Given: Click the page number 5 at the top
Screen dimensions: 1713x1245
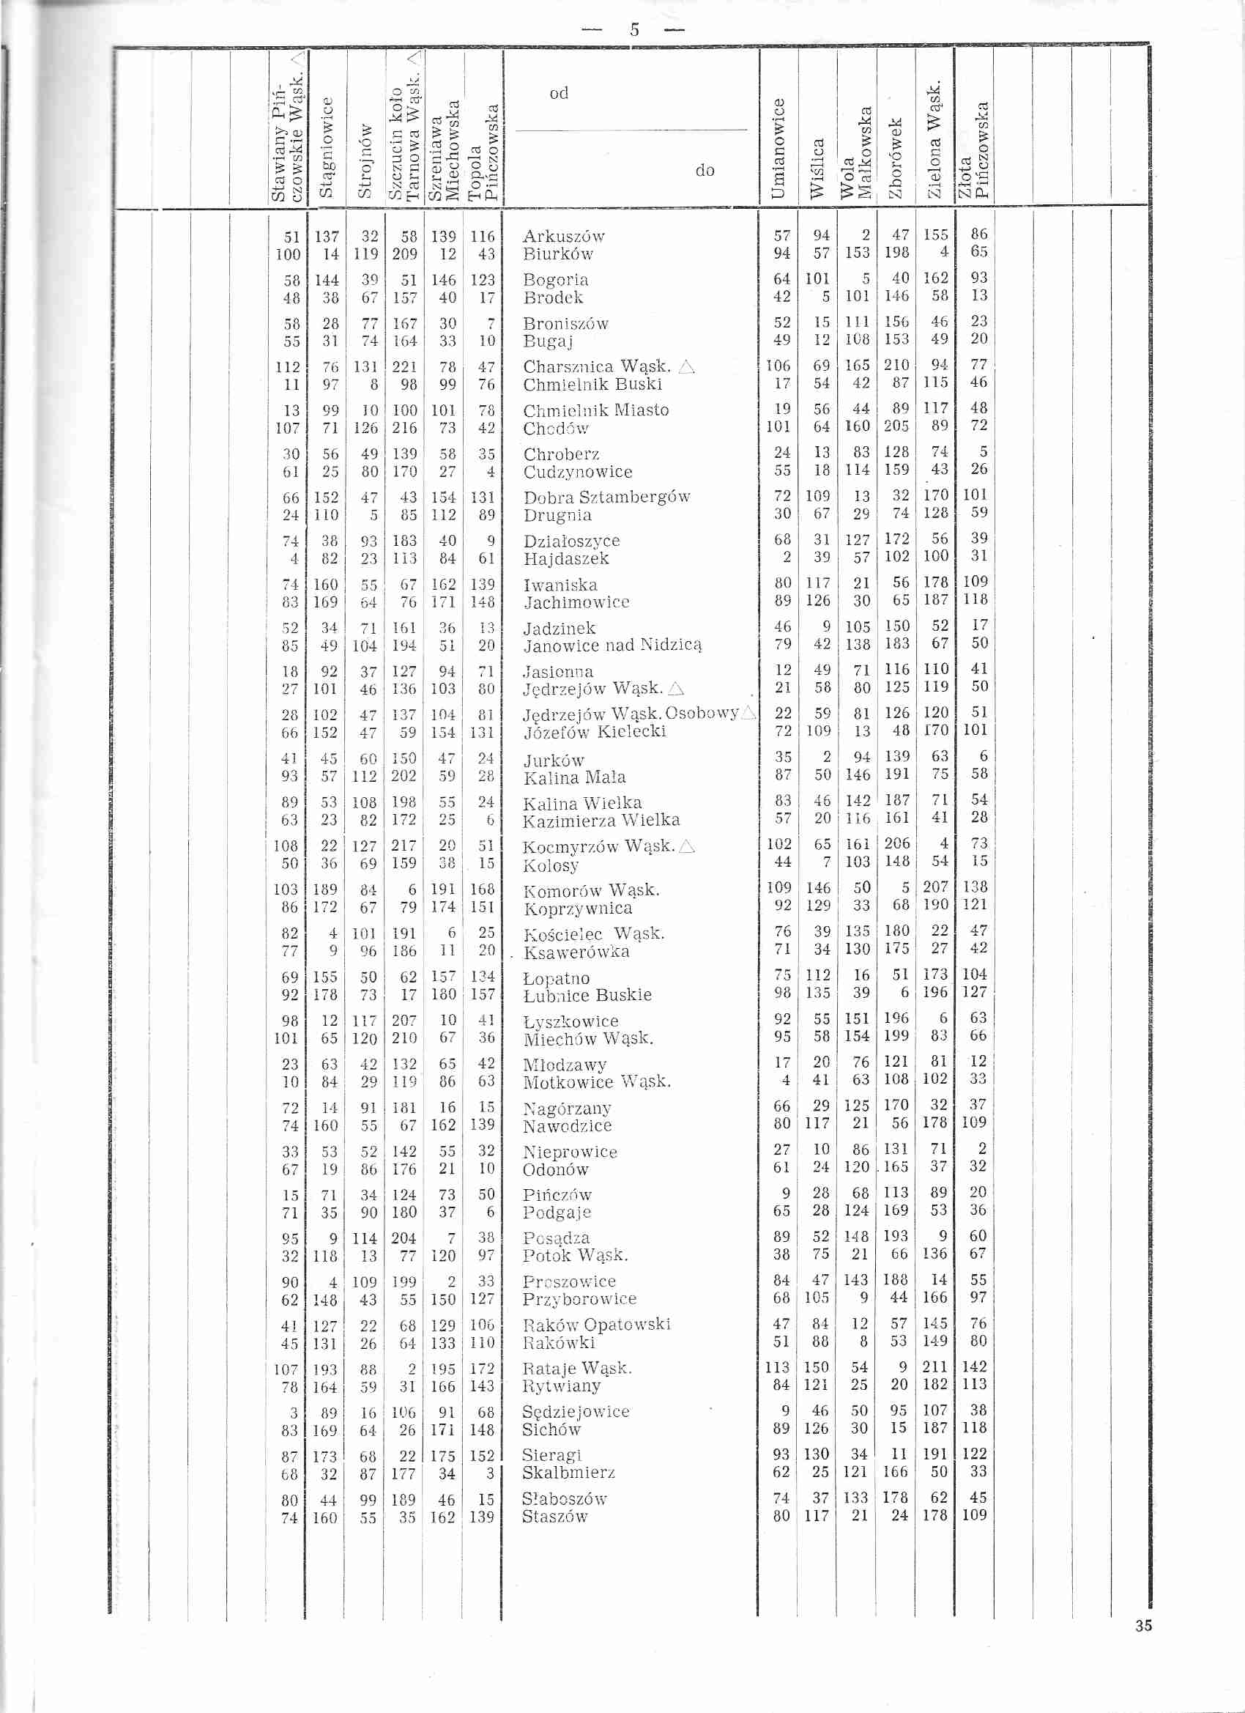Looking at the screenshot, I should [634, 30].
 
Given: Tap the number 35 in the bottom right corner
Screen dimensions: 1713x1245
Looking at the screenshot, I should [1143, 1626].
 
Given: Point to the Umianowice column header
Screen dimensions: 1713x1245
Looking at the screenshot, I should [778, 148].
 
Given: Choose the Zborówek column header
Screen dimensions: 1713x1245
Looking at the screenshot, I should [896, 157].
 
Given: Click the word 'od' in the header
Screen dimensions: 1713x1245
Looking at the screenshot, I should [559, 93].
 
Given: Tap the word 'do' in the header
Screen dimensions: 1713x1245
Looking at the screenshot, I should [705, 171].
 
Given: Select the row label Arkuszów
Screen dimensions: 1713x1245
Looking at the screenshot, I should [563, 237].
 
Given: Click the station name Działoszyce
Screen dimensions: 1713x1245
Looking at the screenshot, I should [571, 541].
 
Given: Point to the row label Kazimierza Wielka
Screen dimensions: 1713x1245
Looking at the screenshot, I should [601, 821].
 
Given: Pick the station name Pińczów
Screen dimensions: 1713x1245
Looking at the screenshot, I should [557, 1195].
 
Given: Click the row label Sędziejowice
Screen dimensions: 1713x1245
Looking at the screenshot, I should [576, 1412].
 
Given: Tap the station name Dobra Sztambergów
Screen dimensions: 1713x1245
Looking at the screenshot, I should [607, 497].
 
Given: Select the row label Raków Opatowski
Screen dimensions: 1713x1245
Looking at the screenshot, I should [596, 1324].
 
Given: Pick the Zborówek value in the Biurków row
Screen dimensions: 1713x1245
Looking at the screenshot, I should [896, 253].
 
